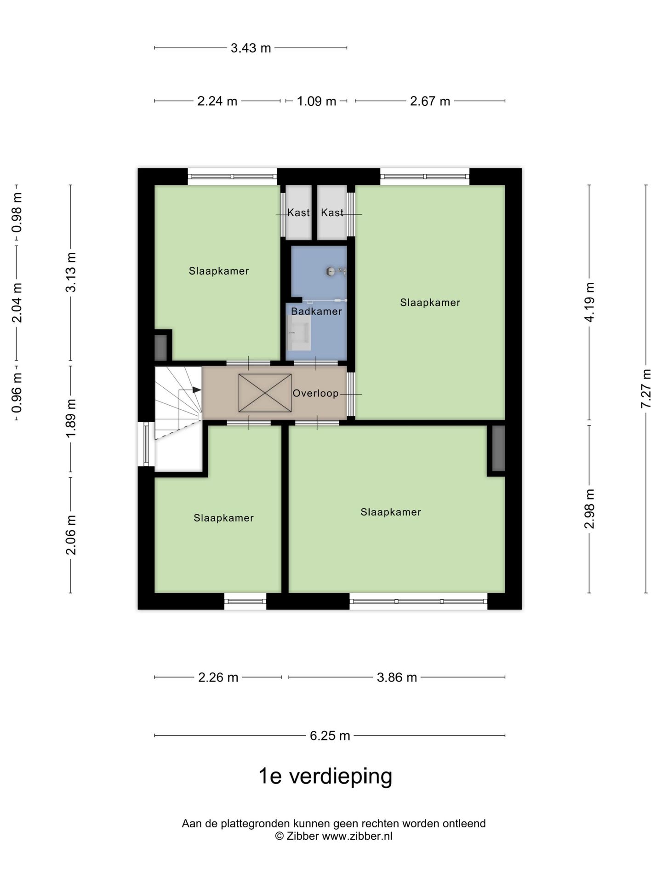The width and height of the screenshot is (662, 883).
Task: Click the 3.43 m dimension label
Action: tap(251, 48)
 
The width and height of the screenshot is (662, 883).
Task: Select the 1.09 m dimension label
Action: tap(316, 101)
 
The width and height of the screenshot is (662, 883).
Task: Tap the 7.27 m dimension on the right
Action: tap(646, 389)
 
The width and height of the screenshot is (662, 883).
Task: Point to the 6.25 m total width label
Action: tap(330, 736)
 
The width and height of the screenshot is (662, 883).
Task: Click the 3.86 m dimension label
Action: tap(397, 677)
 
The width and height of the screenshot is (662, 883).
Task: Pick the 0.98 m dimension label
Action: tap(17, 213)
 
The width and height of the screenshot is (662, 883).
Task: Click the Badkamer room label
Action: tap(316, 311)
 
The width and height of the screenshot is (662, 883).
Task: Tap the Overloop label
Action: tap(315, 393)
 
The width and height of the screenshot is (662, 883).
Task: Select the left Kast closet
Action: tap(298, 212)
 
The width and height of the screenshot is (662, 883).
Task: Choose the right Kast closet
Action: tap(332, 212)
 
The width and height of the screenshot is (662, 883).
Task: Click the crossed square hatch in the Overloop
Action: tap(265, 393)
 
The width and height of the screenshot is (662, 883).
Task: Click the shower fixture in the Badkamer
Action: tap(336, 271)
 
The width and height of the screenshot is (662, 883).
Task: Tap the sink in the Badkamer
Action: tap(298, 333)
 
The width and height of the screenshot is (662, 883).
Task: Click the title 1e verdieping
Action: tap(325, 776)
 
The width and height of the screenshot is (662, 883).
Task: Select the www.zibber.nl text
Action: tap(357, 836)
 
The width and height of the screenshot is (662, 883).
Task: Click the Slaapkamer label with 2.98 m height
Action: tap(391, 512)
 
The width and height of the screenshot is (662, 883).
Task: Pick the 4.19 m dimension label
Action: tap(589, 302)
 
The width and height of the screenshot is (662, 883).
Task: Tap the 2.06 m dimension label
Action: tap(71, 535)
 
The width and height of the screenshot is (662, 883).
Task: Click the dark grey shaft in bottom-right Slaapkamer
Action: tap(498, 448)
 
